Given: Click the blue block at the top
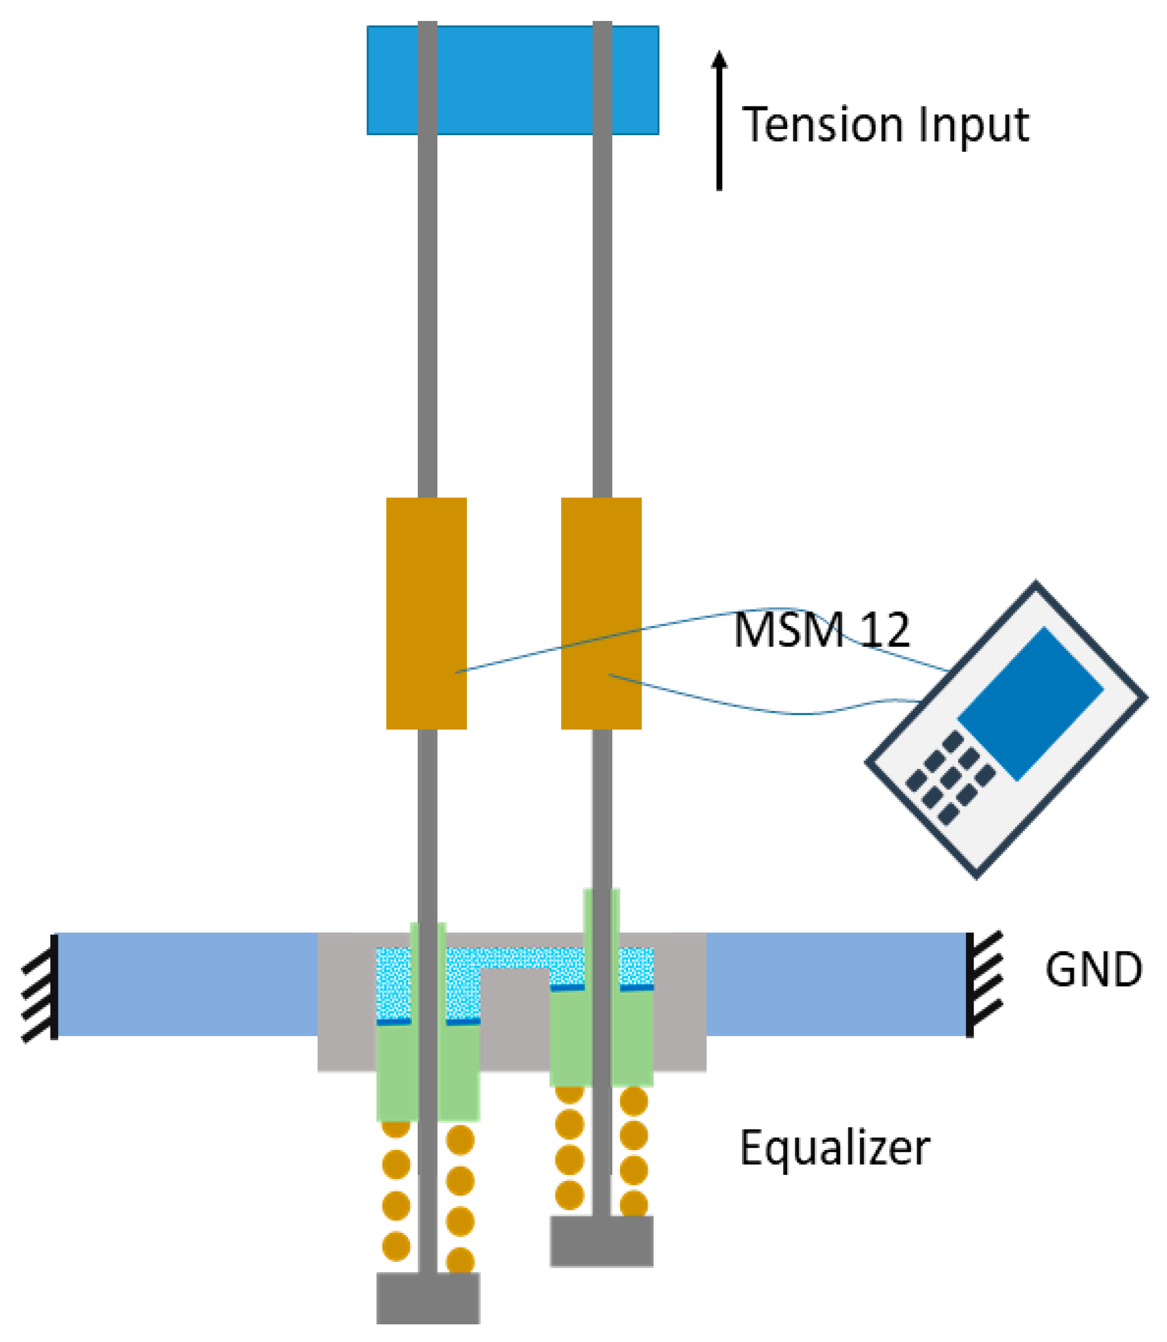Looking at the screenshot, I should [x=513, y=80].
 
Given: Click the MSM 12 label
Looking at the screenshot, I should [x=821, y=630].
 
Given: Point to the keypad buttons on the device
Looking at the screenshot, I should [x=951, y=778].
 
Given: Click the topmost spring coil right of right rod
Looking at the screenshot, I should [x=633, y=1102].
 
